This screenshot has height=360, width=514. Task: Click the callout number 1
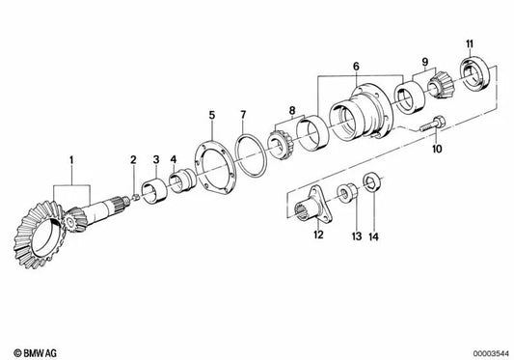click(69, 157)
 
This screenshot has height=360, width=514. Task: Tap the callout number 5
click(210, 114)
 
